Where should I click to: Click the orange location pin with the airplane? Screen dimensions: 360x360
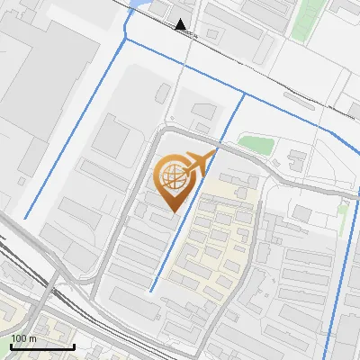pos(177,181)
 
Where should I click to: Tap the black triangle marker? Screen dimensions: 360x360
pos(182,24)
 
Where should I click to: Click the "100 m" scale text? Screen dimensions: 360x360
pos(23,338)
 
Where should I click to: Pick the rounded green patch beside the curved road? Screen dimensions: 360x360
pos(255,143)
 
